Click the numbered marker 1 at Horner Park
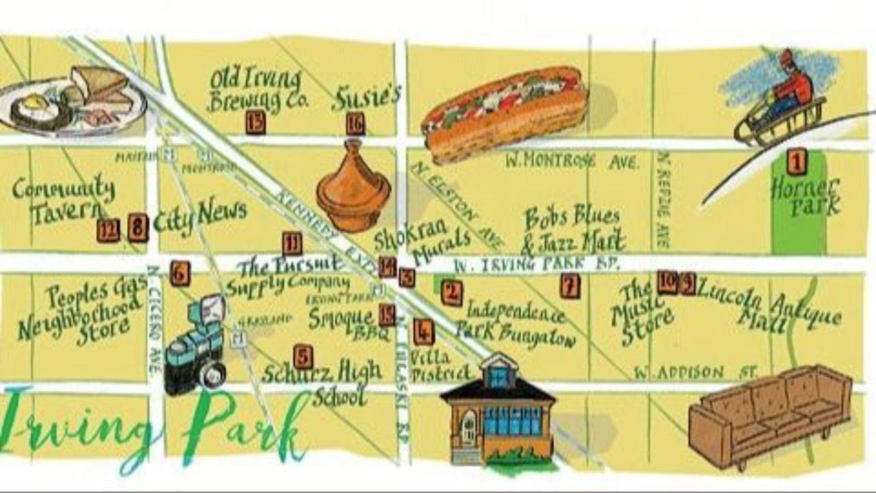point(796,162)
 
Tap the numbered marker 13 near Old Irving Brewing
point(255,123)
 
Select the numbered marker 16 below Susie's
point(355,124)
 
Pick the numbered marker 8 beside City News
point(138,228)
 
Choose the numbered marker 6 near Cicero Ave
point(180,273)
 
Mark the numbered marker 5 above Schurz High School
point(302,356)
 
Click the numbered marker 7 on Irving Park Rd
point(569,286)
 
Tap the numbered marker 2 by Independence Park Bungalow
point(451,292)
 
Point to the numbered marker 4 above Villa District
point(423,332)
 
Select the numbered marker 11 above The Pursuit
point(292,243)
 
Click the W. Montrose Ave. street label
point(572,162)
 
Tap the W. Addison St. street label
point(695,373)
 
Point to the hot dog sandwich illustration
point(505,113)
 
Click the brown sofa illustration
point(770,415)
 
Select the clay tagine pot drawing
point(353,186)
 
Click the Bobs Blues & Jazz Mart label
point(574,229)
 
